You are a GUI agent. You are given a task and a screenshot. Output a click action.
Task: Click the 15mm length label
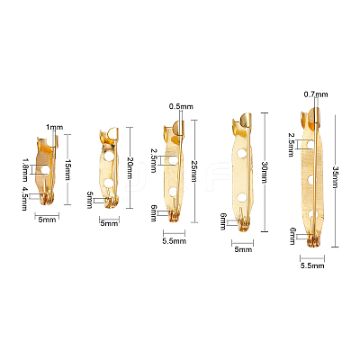[67, 170]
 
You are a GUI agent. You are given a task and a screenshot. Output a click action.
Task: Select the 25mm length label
[194, 170]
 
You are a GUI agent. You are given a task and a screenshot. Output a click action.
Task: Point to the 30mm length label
[265, 173]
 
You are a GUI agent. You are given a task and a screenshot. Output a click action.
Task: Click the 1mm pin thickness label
[55, 127]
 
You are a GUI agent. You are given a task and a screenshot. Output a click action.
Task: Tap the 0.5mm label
[181, 106]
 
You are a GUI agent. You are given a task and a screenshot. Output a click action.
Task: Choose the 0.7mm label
[316, 94]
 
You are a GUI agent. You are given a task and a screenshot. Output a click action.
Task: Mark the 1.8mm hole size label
[25, 170]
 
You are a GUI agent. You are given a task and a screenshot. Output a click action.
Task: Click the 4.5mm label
[25, 198]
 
